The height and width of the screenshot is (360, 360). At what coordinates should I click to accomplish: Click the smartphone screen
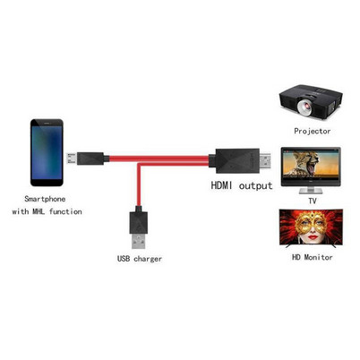click(x=47, y=152)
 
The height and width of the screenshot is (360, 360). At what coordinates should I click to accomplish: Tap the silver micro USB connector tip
click(x=72, y=159)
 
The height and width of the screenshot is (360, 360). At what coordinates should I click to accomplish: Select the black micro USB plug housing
click(x=90, y=159)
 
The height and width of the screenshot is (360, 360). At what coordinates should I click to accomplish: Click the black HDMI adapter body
click(x=235, y=160)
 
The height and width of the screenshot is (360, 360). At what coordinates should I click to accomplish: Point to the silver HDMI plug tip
click(x=265, y=161)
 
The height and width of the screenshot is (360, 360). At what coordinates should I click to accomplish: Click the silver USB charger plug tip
click(x=139, y=241)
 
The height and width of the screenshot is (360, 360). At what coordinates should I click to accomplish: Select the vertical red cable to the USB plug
click(x=139, y=185)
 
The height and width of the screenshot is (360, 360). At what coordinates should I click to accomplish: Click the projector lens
click(x=304, y=107)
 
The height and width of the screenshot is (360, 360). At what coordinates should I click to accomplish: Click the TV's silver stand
click(x=311, y=191)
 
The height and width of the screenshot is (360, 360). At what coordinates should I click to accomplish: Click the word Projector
click(x=313, y=131)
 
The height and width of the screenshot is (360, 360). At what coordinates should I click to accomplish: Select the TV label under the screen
click(x=313, y=201)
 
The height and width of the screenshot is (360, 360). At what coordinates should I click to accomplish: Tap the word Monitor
click(x=318, y=257)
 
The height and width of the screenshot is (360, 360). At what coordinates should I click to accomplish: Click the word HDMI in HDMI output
click(x=221, y=185)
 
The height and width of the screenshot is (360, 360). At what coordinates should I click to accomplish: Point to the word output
click(x=256, y=186)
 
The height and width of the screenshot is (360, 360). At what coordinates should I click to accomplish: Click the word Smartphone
click(x=45, y=199)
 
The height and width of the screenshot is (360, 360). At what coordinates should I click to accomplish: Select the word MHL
click(x=39, y=211)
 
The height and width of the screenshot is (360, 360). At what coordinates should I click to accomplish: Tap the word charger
click(x=148, y=259)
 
